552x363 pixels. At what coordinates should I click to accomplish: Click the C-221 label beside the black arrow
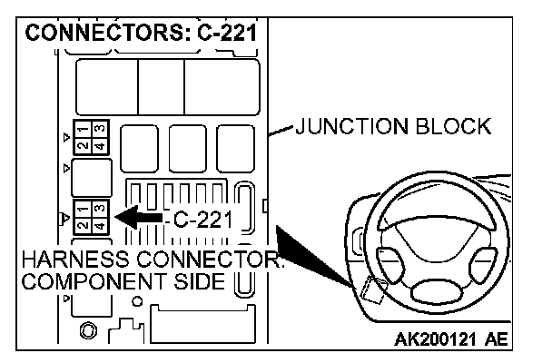pos(202,219)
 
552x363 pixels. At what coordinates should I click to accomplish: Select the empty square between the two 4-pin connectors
pos(92,178)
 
